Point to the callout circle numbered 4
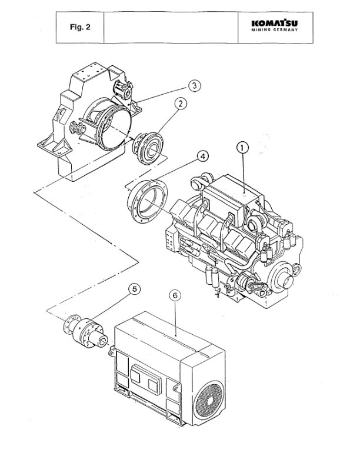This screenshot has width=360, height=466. pyautogui.click(x=202, y=157)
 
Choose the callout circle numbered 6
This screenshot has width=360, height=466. pyautogui.click(x=175, y=295)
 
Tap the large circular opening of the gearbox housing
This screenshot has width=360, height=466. pyautogui.click(x=106, y=121)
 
